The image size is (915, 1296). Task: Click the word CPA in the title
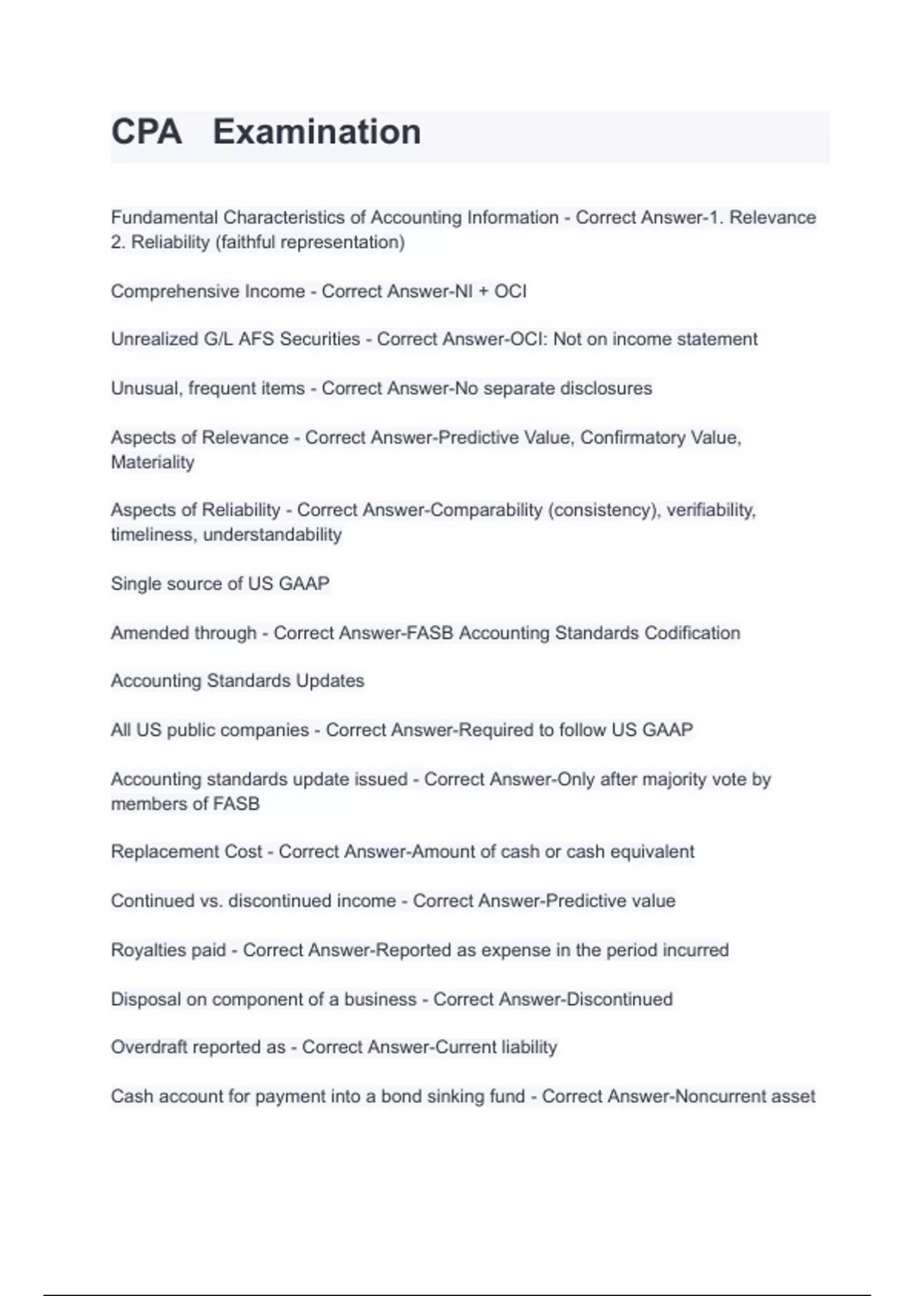tap(146, 132)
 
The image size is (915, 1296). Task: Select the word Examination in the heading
tap(316, 132)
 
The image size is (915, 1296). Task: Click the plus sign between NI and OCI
tap(483, 292)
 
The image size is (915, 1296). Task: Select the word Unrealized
tap(153, 339)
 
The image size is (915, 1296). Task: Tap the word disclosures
tap(606, 388)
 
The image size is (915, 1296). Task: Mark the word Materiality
tap(152, 462)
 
